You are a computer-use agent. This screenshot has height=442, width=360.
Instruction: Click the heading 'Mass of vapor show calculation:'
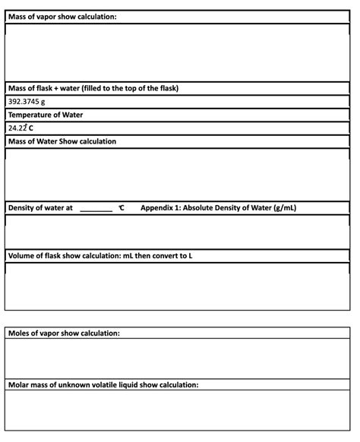[x=62, y=17]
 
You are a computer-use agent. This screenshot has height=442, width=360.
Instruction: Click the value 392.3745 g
[x=27, y=102]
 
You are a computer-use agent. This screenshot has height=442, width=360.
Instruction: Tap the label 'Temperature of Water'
[x=46, y=115]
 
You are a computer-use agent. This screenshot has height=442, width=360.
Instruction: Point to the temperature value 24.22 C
[x=24, y=128]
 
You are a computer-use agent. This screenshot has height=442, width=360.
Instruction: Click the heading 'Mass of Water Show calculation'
[x=62, y=141]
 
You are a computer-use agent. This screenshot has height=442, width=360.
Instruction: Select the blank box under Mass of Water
[x=179, y=174]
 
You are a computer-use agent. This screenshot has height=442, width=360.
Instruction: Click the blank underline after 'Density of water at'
[x=96, y=208]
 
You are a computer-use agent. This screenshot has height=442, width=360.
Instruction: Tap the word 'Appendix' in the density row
[x=158, y=207]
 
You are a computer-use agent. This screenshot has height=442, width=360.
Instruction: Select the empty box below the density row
[x=179, y=231]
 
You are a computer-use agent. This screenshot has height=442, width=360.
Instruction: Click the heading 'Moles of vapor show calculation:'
[x=65, y=333]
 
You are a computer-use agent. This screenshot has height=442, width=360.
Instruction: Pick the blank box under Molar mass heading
[x=179, y=411]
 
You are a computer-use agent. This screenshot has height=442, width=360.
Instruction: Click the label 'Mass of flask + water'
[x=46, y=88]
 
